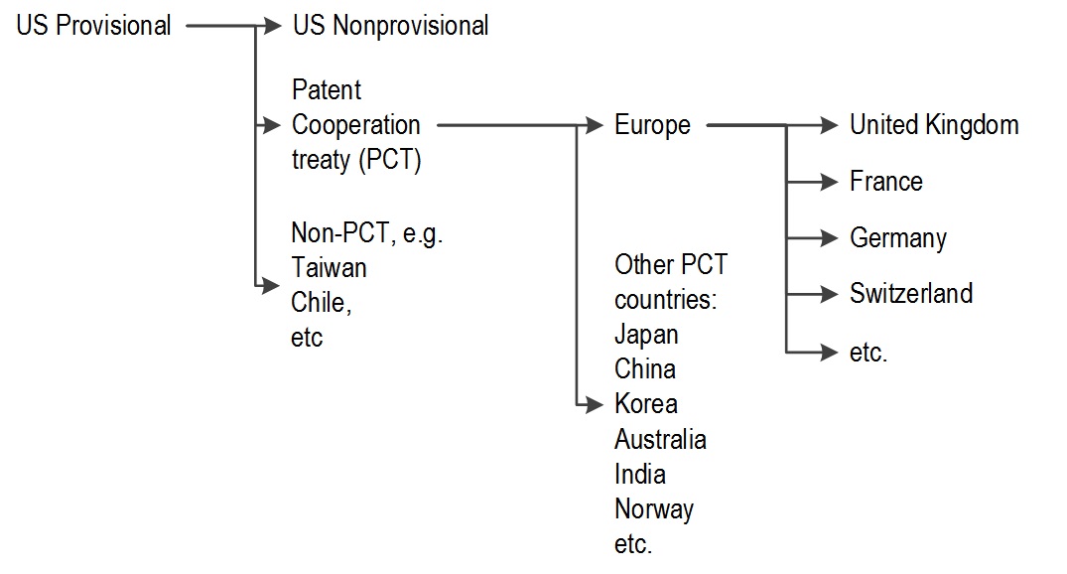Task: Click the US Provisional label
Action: click(x=93, y=26)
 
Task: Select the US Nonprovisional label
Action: click(x=391, y=26)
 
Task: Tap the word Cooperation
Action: click(x=356, y=125)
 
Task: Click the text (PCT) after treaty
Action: click(x=393, y=160)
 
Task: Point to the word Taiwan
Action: click(x=329, y=267)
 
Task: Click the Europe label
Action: click(x=652, y=125)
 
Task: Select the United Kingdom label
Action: click(x=934, y=125)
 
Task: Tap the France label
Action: click(x=886, y=182)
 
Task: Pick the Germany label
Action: click(x=898, y=238)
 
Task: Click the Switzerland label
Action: click(x=911, y=294)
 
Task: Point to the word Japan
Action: click(x=646, y=335)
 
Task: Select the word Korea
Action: click(x=646, y=404)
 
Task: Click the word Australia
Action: click(x=660, y=439)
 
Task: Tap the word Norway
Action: click(x=654, y=509)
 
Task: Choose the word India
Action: click(x=639, y=474)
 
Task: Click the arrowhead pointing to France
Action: click(x=830, y=182)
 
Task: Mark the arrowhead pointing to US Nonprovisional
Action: click(x=272, y=26)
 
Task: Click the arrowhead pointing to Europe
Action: click(x=595, y=125)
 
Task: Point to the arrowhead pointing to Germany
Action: click(x=830, y=238)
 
